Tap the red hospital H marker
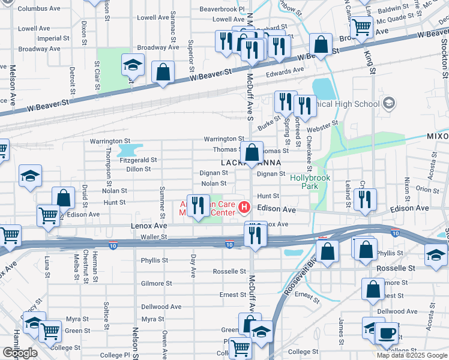point(244,208)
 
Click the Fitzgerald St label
point(138,160)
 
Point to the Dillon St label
point(138,169)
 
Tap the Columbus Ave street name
point(39,9)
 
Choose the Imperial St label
point(49,38)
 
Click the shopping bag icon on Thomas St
point(253,151)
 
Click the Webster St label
point(323,129)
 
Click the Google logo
point(20,353)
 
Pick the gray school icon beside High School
point(389,104)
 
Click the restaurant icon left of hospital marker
point(198,205)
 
